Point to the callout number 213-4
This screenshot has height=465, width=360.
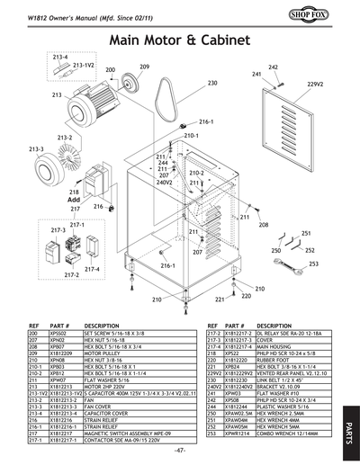59,57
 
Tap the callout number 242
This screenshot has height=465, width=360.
273,67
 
